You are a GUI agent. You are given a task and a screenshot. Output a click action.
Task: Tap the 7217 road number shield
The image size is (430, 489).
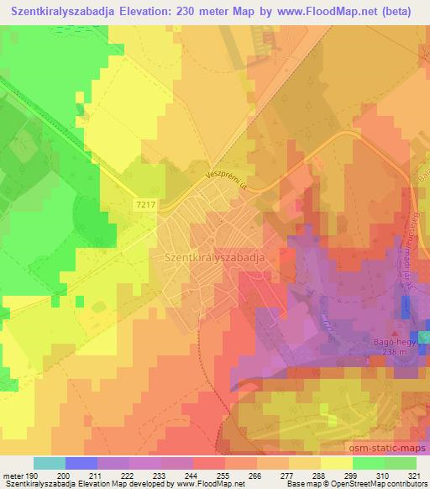[x=144, y=204]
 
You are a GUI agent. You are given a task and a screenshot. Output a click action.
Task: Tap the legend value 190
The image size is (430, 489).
[x=34, y=476]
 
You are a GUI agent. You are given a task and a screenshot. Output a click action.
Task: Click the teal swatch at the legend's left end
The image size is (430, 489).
[x=50, y=463]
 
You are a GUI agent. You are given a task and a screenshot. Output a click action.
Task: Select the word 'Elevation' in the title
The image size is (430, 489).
[x=142, y=11]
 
